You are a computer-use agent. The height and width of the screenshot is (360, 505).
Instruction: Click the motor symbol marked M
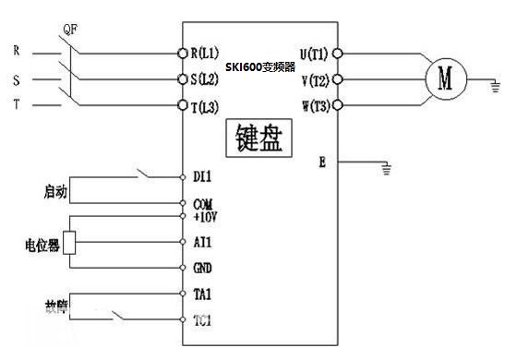coord(447,79)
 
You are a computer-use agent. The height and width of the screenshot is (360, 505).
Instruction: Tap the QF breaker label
coord(67,28)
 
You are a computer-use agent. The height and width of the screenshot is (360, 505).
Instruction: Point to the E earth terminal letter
coord(321,162)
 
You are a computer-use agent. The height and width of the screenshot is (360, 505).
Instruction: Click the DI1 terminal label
coord(202,174)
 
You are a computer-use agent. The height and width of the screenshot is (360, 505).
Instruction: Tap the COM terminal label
coord(202,202)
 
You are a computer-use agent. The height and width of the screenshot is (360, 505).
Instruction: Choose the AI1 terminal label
coord(202,241)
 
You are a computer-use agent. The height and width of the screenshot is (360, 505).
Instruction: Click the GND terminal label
coord(202,268)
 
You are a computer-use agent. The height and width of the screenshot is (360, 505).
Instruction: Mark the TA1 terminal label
coord(202,294)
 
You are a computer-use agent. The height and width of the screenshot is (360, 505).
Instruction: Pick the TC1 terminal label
coord(202,321)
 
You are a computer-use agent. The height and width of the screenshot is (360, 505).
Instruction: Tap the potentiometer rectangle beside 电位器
coord(68,242)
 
